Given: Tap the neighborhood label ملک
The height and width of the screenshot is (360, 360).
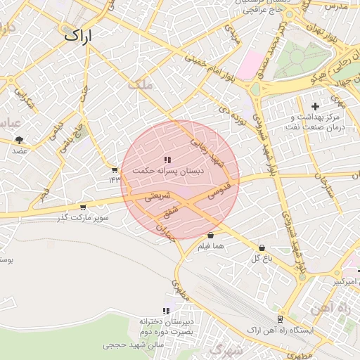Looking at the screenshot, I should click(x=140, y=84).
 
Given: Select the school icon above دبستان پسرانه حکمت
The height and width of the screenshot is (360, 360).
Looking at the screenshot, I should click(x=167, y=160).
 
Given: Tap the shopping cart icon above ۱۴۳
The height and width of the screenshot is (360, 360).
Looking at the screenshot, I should click(x=114, y=169).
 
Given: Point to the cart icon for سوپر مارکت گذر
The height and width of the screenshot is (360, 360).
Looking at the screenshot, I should click(x=83, y=207).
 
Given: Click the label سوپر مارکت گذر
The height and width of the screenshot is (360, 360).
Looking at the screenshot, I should click(x=84, y=218).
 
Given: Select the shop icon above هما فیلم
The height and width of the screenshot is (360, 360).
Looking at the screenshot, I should click(x=210, y=235).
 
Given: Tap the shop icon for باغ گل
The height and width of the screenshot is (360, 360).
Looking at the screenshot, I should click(x=262, y=247).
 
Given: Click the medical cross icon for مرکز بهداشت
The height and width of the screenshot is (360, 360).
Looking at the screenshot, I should click(x=315, y=105).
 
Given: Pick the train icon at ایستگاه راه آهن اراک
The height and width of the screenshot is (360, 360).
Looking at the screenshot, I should click(x=281, y=319).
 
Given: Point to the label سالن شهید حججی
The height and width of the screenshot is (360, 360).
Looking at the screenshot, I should click(x=133, y=345).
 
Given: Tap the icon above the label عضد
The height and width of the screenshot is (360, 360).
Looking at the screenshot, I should click(x=19, y=140).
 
